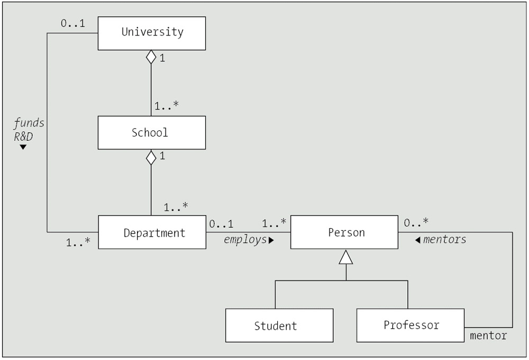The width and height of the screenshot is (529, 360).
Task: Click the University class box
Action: (x=152, y=33)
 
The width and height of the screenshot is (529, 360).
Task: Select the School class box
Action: (x=152, y=132)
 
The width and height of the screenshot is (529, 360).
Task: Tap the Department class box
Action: (x=152, y=232)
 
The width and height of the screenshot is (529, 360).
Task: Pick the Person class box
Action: (x=344, y=232)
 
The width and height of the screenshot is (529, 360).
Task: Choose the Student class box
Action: (x=279, y=326)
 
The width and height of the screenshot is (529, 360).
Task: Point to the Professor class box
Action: (x=411, y=325)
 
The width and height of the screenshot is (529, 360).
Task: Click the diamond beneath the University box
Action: (x=151, y=57)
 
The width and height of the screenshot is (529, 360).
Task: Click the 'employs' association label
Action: (x=245, y=240)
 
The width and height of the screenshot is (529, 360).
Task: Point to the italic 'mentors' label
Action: (x=444, y=240)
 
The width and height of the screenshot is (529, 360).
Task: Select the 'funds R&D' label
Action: (x=29, y=129)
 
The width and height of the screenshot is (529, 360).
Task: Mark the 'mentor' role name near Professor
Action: (x=488, y=335)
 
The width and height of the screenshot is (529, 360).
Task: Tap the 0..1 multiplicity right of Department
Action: (x=221, y=224)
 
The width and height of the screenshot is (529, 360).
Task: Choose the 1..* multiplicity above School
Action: (x=167, y=106)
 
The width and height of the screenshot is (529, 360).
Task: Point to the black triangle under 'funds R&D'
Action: (x=23, y=147)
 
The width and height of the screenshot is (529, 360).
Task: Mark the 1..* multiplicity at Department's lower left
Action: (x=78, y=243)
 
